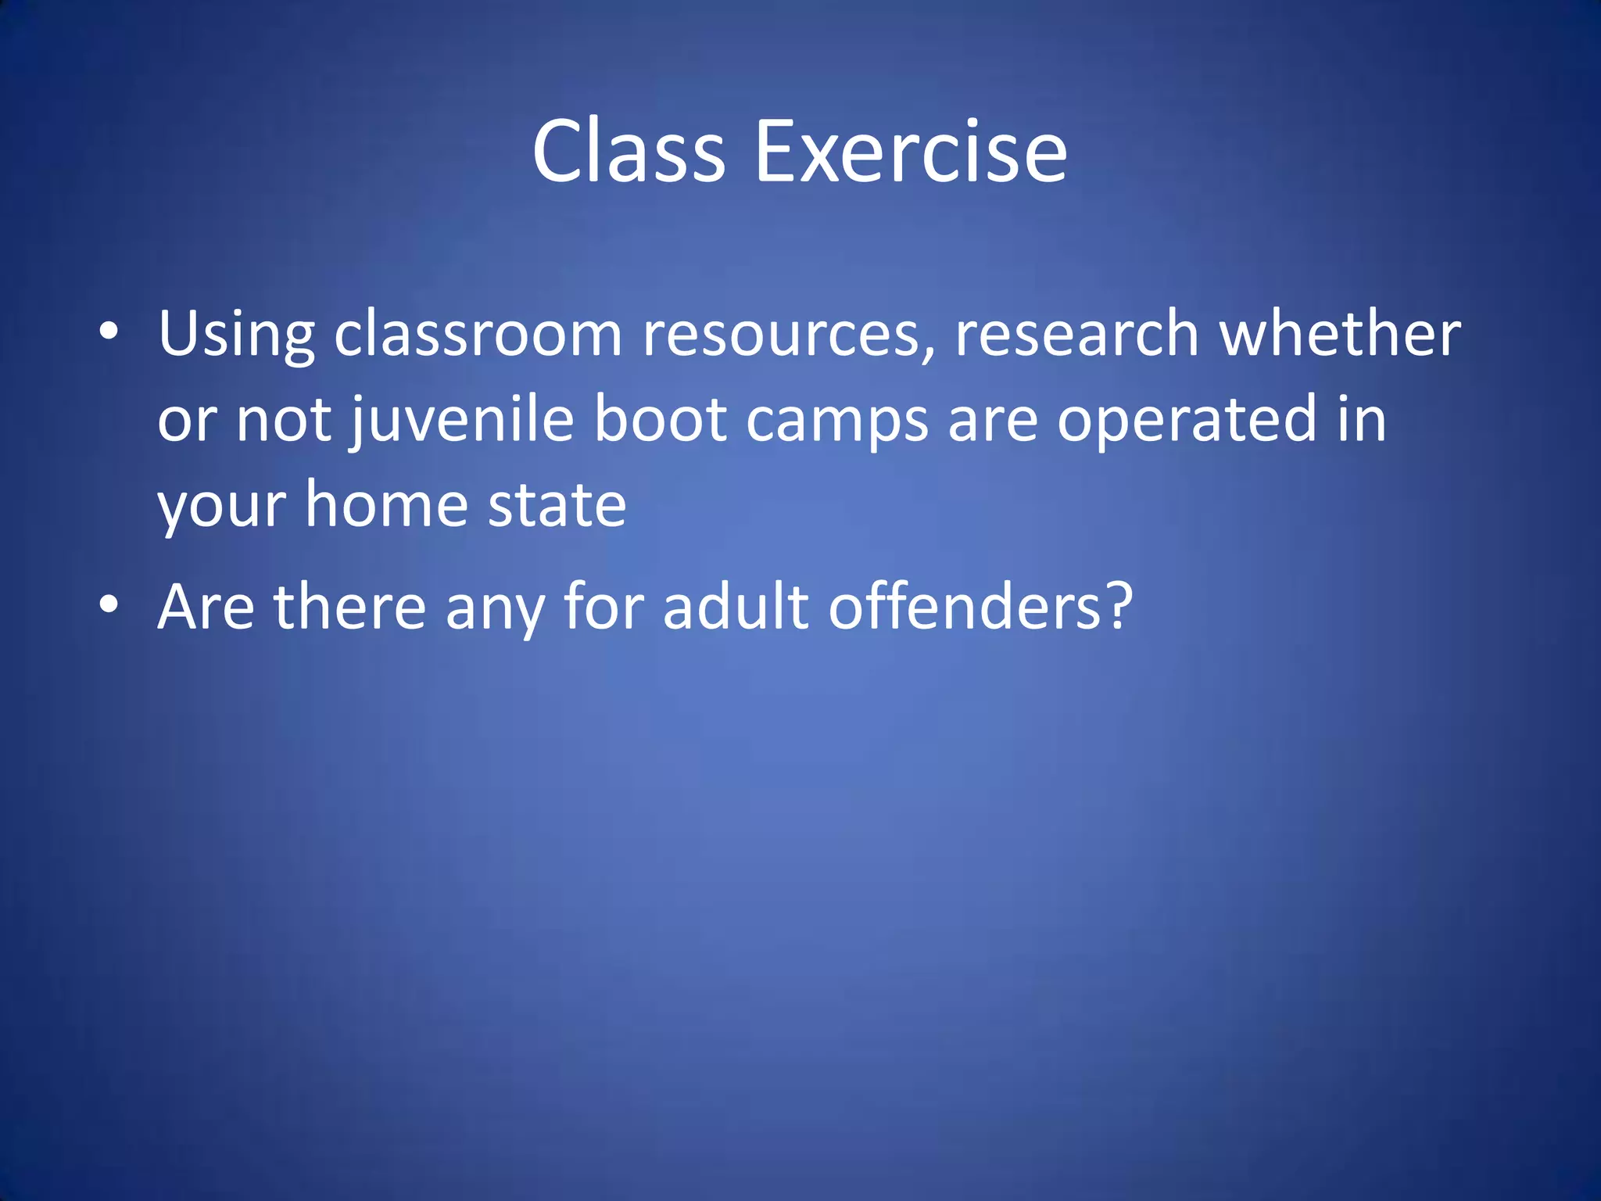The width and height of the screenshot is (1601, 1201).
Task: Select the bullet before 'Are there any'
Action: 109,604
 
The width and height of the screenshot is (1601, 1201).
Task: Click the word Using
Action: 236,335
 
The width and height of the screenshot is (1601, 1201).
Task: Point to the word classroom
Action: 478,335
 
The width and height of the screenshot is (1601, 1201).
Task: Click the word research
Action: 1077,335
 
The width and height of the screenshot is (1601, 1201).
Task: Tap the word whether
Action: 1340,335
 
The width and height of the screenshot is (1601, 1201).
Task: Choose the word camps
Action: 837,421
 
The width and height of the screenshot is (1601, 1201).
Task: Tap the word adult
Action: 736,607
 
